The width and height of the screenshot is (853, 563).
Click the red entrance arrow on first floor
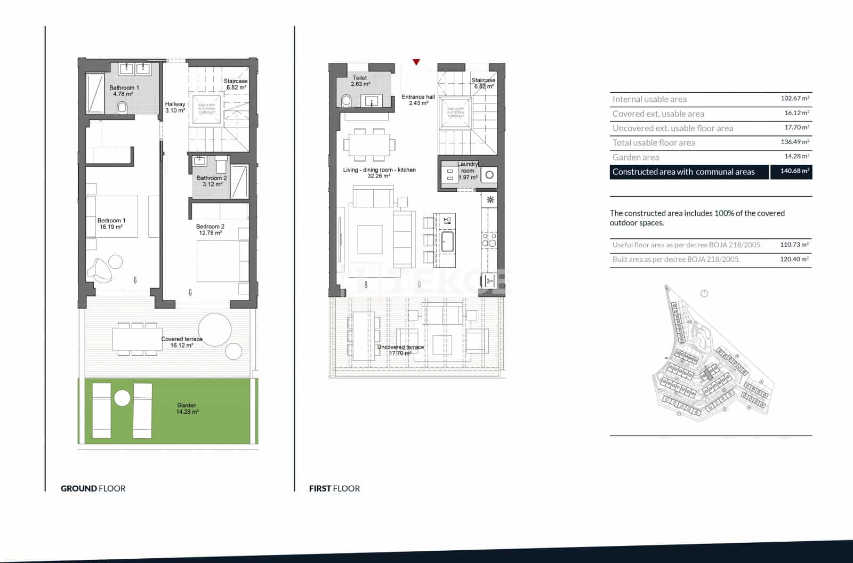(416, 62)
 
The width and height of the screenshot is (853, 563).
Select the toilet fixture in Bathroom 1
(123, 108)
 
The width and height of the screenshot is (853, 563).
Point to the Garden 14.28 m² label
(187, 409)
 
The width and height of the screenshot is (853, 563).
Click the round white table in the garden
(122, 398)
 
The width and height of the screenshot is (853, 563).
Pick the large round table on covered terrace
(215, 329)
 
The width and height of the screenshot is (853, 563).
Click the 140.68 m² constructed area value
(794, 171)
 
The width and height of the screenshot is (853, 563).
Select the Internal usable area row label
(649, 99)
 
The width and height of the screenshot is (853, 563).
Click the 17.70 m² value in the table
(796, 127)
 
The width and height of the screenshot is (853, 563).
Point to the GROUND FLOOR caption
(93, 488)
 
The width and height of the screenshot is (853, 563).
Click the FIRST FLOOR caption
(334, 488)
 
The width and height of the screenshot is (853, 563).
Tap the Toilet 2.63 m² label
(360, 81)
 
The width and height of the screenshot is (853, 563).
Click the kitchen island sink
(447, 242)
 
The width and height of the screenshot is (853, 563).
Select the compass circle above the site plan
(704, 294)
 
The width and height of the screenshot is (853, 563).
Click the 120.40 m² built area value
(794, 259)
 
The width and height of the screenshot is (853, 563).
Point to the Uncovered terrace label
(400, 350)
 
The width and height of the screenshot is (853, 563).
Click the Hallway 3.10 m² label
(175, 107)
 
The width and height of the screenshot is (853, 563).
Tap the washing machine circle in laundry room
(489, 174)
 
